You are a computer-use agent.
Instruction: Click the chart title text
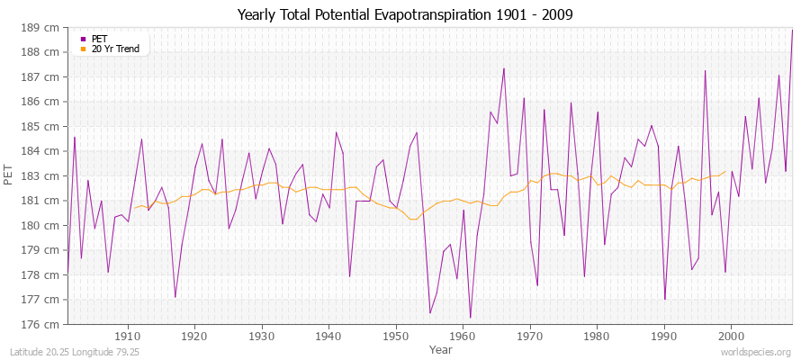(404, 14)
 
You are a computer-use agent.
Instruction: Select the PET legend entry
(99, 39)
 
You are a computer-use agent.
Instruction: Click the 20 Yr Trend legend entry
(115, 49)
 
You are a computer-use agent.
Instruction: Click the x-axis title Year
(440, 348)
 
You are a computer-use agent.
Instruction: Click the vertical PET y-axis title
(10, 175)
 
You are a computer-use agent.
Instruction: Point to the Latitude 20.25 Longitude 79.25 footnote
(75, 351)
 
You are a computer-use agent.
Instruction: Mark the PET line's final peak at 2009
(792, 30)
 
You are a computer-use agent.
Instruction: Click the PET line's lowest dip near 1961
(470, 317)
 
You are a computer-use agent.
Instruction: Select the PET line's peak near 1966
(503, 68)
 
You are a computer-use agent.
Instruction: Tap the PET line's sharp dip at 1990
(664, 299)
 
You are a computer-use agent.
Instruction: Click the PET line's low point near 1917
(175, 297)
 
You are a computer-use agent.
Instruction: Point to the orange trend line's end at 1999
(724, 172)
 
